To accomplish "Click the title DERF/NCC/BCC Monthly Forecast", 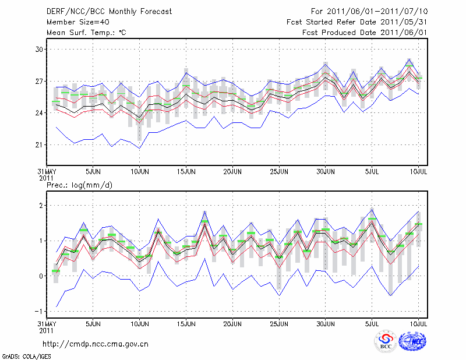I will point(101,11).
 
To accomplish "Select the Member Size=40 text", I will point(74,22).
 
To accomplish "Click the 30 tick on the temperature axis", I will point(39,50).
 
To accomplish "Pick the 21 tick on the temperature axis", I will point(39,144).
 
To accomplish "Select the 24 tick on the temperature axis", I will point(39,113).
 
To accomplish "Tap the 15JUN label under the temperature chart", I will point(186,173).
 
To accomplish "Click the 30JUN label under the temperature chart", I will point(326,173).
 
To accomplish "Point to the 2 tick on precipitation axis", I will point(41,206).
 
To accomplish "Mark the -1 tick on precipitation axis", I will point(38,311).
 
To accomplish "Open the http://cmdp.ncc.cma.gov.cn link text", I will point(96,344).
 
